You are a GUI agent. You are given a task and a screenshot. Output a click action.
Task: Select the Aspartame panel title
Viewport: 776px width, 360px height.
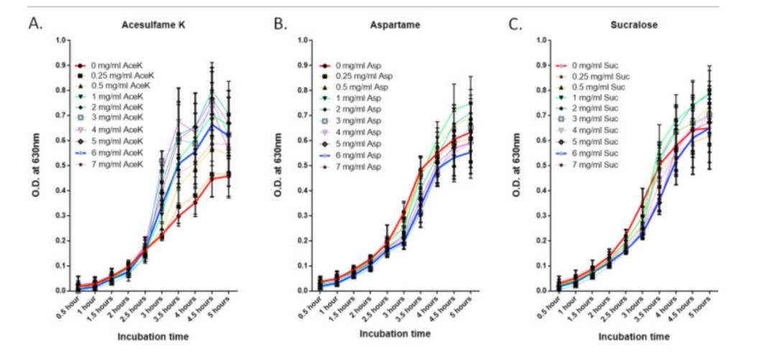pos(397,25)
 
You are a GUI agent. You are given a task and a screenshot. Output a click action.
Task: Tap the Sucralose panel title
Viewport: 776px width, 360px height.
pos(635,25)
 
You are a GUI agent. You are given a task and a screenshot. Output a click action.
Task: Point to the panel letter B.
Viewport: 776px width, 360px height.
pos(280,23)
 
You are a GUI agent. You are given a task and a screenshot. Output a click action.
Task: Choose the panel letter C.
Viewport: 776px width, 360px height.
pos(515,23)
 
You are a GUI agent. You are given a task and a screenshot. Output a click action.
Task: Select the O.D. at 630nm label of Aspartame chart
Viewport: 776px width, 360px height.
pos(282,165)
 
